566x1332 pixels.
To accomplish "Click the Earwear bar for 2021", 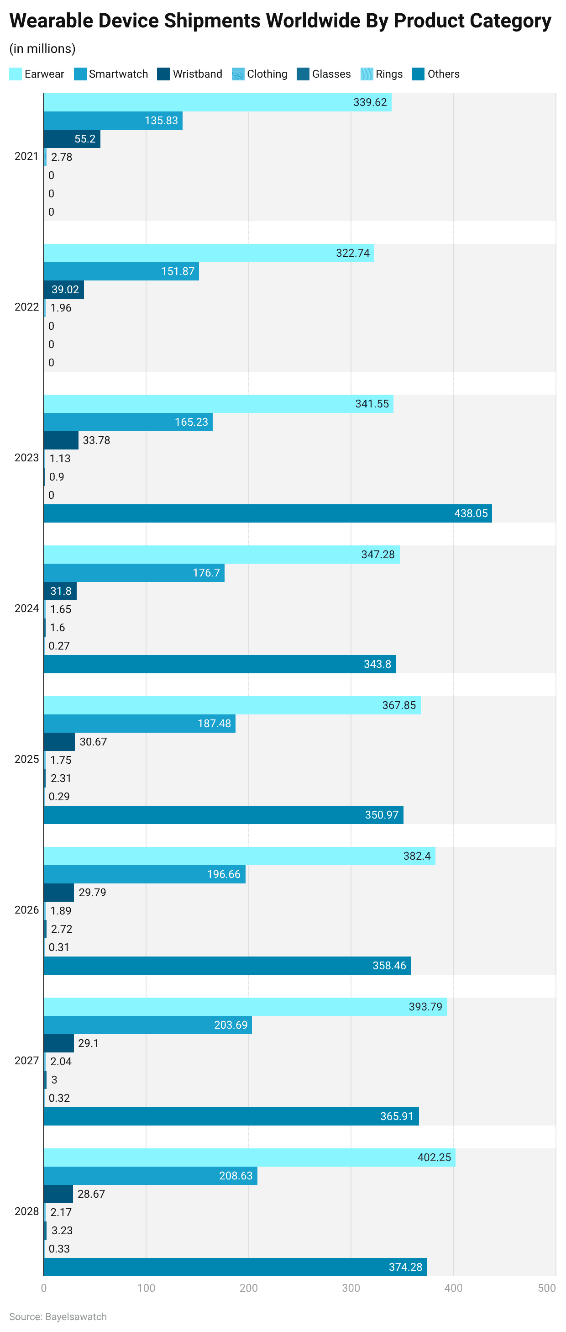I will click(x=217, y=102).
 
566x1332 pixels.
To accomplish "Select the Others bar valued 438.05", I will click(x=268, y=513).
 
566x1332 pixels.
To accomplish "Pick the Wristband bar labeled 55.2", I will click(x=72, y=138).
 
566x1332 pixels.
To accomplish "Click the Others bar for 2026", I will click(x=227, y=965).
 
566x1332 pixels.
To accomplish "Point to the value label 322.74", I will click(x=352, y=253).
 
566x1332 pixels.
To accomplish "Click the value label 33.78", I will click(x=96, y=440).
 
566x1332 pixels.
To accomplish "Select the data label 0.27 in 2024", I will click(x=59, y=645).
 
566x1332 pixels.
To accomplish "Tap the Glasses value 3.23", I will click(x=62, y=1230).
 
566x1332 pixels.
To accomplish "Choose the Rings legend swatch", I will click(x=367, y=74).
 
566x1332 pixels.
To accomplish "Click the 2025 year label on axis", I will click(x=26, y=759).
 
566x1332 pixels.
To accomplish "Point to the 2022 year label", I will click(x=26, y=307).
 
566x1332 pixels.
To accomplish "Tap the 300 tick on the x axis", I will click(x=351, y=1288).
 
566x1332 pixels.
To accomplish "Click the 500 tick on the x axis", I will click(x=546, y=1288).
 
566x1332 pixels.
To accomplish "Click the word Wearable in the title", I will click(x=52, y=21).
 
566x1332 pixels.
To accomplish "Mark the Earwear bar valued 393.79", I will click(x=245, y=1006).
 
